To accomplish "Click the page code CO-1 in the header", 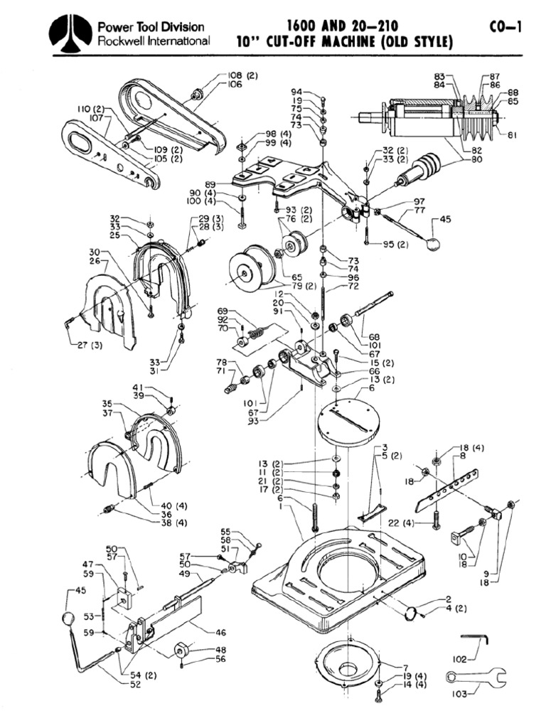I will [505, 28].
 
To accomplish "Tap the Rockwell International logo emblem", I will [70, 34].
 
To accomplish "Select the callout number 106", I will [235, 85].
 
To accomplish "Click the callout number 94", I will [296, 92].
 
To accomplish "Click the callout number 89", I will [210, 183].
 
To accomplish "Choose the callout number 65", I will [277, 276].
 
